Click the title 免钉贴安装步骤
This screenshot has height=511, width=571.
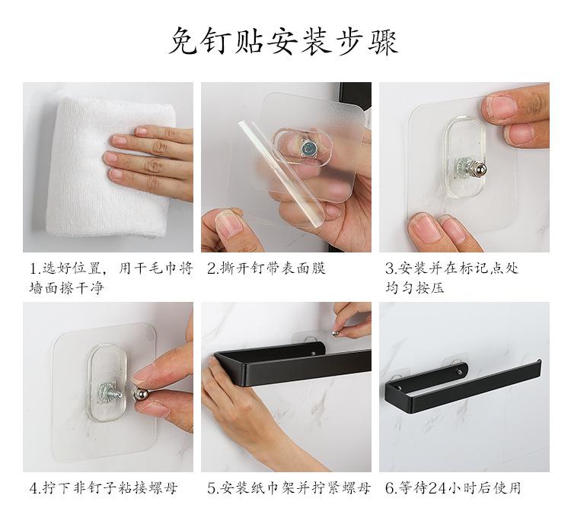pos(283,41)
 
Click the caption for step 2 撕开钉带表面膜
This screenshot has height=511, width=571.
pos(266,268)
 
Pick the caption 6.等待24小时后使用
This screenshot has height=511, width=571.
pos(453,488)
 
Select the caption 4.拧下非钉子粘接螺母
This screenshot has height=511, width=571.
pos(104,488)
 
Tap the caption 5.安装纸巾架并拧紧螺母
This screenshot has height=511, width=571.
pos(289,488)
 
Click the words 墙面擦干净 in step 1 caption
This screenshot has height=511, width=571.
pos(67,288)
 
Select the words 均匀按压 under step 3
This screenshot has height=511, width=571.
pos(415,288)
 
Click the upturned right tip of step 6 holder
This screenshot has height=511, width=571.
pos(538,363)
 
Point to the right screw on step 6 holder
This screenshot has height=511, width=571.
pos(459,372)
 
